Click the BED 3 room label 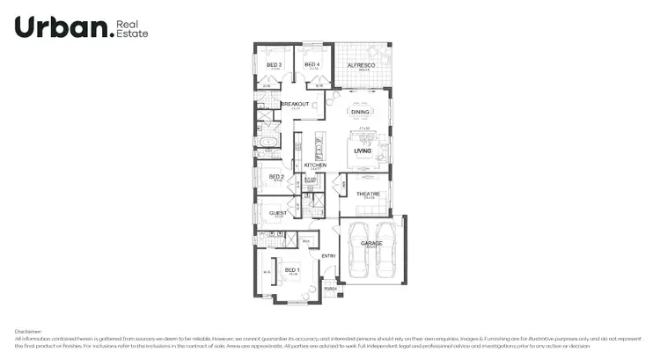[x=274, y=65]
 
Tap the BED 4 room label [x=312, y=65]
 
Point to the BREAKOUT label [x=295, y=104]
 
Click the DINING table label [x=361, y=113]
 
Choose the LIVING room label [x=363, y=151]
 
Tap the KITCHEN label [x=315, y=165]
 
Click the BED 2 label [x=275, y=177]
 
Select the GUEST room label [x=278, y=213]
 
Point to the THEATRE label [x=367, y=195]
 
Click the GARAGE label [x=370, y=242]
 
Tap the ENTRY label [x=328, y=256]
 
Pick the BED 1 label [x=291, y=269]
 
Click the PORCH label [x=330, y=289]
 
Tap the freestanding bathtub [x=265, y=141]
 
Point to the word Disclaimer [x=28, y=332]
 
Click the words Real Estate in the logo [x=133, y=28]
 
